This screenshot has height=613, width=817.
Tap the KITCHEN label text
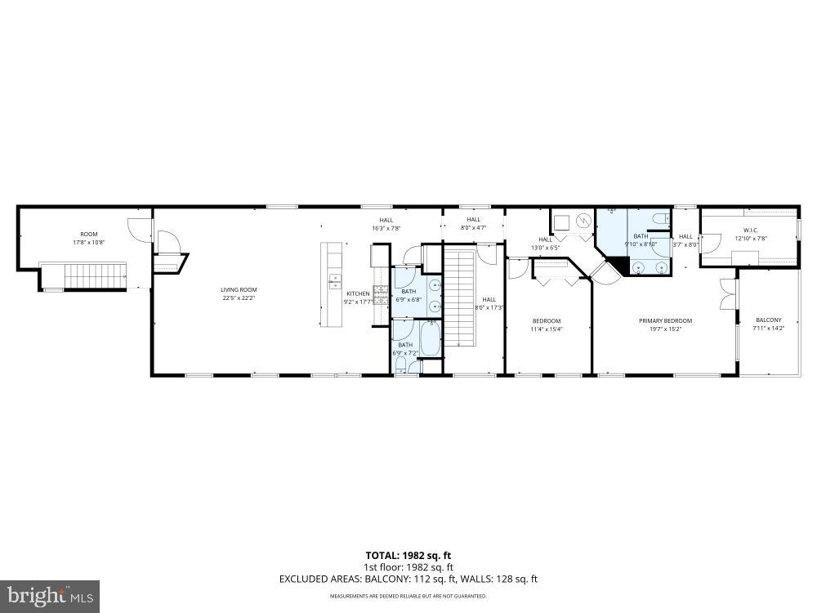click(358, 293)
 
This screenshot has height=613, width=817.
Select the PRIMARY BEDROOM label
click(665, 320)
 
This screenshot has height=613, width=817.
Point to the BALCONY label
click(767, 320)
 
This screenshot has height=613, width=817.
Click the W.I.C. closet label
click(752, 230)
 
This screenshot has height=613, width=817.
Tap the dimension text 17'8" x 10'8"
click(88, 242)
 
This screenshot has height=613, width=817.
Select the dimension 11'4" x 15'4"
click(547, 329)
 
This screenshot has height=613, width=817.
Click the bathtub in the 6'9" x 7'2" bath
click(431, 338)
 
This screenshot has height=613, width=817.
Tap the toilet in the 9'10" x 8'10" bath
click(661, 219)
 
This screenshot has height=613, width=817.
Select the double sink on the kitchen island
click(334, 281)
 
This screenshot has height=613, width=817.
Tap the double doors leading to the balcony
click(726, 295)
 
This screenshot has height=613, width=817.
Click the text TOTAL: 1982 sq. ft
click(408, 556)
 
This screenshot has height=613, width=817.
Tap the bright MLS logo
click(49, 596)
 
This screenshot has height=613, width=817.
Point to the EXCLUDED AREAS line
click(408, 579)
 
